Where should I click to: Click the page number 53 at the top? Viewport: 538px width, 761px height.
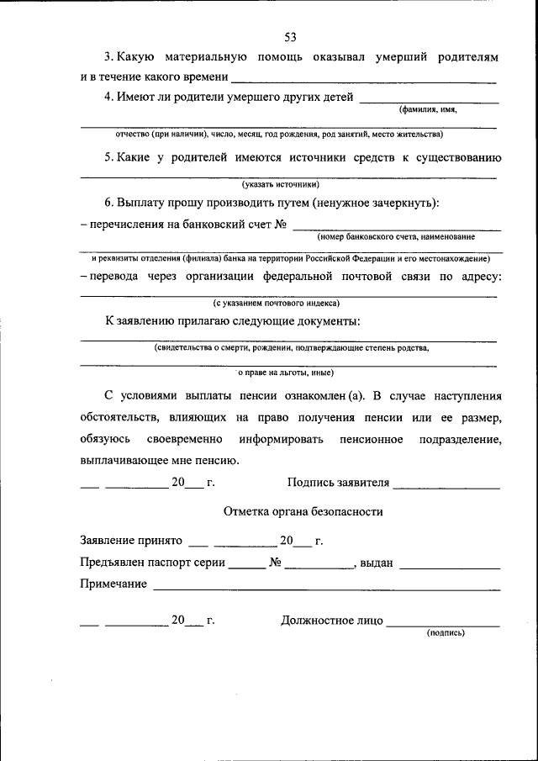coord(291,37)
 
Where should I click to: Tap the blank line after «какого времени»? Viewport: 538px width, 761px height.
coord(363,80)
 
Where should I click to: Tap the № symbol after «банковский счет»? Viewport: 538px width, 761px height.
coord(282,225)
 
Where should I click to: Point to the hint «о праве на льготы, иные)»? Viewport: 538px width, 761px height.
coord(286,372)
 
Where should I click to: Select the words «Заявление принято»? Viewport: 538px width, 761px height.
coord(130,541)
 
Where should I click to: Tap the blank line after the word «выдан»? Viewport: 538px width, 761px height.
coord(450,566)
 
